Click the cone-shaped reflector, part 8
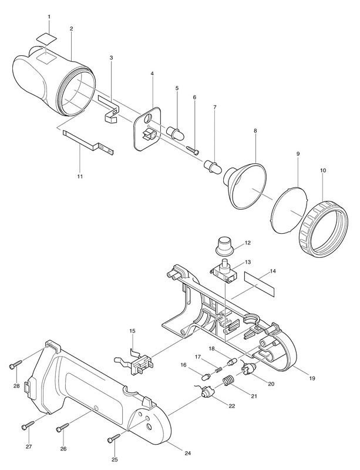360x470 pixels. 247,185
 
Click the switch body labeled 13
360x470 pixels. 223,271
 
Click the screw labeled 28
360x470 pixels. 15,366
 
